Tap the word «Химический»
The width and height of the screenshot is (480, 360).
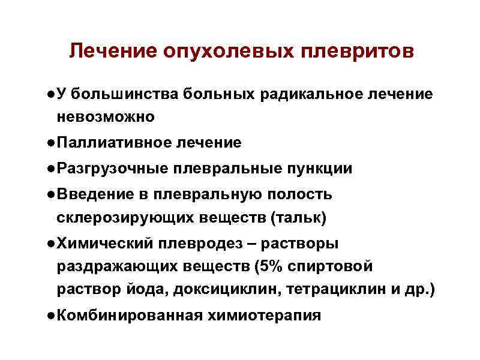[x=104, y=244]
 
